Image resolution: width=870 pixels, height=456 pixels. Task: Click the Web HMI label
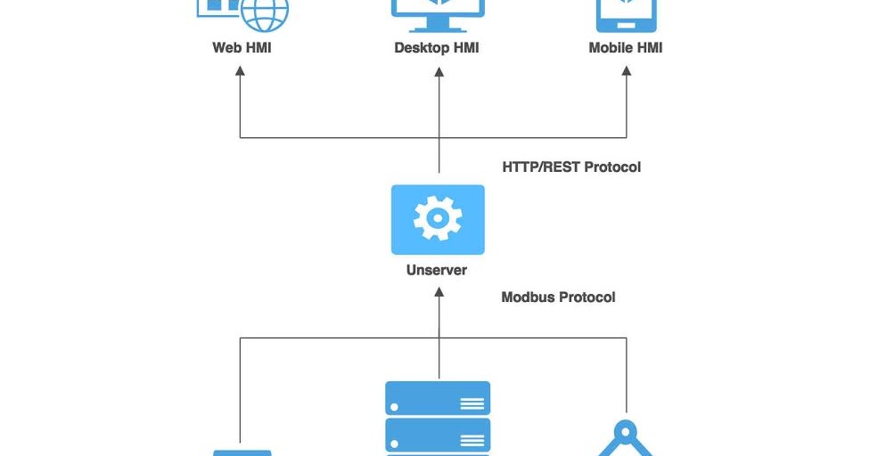pyautogui.click(x=241, y=48)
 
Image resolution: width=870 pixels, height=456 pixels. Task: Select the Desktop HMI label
pyautogui.click(x=437, y=48)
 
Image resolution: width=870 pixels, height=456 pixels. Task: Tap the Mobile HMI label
pyautogui.click(x=626, y=48)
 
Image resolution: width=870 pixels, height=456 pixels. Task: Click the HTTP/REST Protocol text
pyautogui.click(x=571, y=167)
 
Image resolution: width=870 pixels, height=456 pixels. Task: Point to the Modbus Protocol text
pyautogui.click(x=558, y=297)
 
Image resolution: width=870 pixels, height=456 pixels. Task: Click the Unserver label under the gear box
pyautogui.click(x=437, y=270)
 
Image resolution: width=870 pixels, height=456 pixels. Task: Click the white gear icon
pyautogui.click(x=438, y=218)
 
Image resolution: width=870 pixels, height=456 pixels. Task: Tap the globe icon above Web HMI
pyautogui.click(x=265, y=12)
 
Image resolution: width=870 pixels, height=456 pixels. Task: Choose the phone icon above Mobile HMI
pyautogui.click(x=626, y=11)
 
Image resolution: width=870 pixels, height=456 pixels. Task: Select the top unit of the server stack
pyautogui.click(x=438, y=398)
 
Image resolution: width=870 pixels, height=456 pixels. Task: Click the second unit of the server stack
pyautogui.click(x=438, y=435)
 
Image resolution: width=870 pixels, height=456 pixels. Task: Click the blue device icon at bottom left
pyautogui.click(x=242, y=452)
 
